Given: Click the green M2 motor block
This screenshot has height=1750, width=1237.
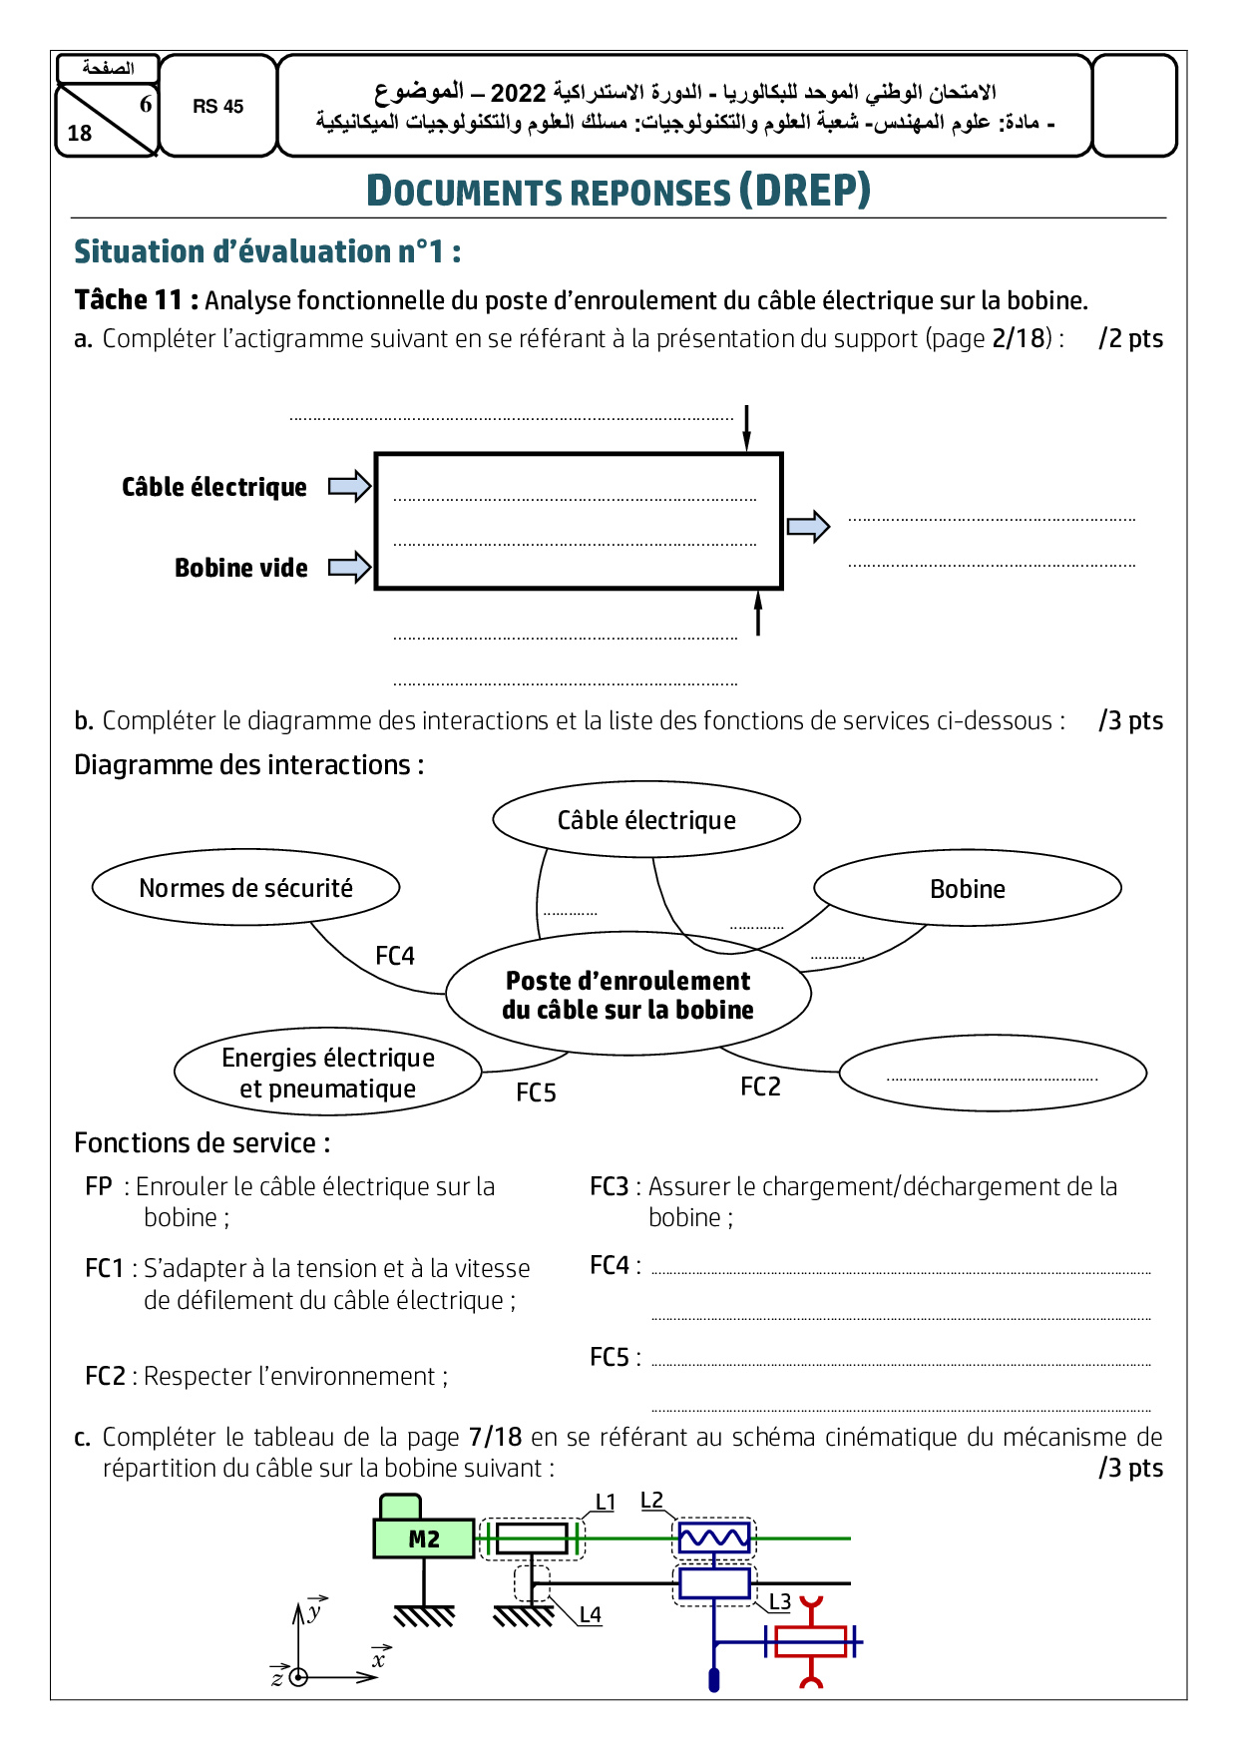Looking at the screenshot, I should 424,1538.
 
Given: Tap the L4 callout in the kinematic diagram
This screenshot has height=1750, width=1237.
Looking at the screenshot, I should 591,1614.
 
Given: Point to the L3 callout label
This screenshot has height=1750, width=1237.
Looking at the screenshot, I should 779,1601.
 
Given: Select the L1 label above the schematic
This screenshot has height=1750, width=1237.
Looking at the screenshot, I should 606,1503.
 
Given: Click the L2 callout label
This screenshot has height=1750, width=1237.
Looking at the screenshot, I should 651,1501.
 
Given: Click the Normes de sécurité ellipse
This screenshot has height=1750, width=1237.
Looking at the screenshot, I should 245,888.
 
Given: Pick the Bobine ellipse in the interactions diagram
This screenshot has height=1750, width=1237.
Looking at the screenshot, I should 967,889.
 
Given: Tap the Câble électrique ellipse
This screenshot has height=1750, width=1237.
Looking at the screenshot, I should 646,820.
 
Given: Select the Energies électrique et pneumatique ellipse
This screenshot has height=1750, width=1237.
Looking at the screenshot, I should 328,1073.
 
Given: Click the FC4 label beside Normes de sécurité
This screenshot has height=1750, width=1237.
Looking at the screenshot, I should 395,956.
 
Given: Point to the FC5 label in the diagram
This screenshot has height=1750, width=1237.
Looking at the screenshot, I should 536,1093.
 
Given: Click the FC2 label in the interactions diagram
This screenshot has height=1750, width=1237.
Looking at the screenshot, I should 760,1087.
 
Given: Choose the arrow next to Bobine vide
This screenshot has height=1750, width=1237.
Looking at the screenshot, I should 349,568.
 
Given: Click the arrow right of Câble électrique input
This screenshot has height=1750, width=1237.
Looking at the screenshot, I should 349,487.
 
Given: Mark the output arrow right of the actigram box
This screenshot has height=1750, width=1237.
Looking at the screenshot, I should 808,526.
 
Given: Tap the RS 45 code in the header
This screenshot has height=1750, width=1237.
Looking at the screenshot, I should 218,107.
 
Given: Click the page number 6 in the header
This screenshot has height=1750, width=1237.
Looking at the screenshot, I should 146,104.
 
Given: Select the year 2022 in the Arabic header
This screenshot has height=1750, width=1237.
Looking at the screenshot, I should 518,94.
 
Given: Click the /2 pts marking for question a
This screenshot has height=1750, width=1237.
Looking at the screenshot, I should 1130,338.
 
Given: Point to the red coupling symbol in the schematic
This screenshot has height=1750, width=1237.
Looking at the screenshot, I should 811,1641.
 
